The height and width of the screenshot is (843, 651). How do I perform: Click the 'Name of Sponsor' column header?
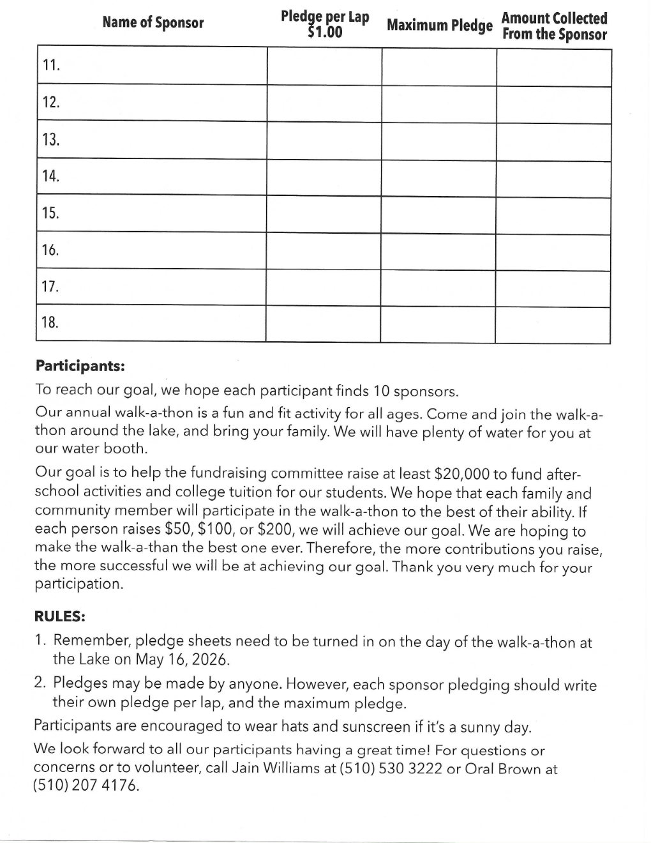click(x=153, y=23)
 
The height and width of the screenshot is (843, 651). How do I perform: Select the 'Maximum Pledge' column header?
click(x=440, y=26)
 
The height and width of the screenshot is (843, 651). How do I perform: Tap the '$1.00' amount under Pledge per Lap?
click(x=325, y=32)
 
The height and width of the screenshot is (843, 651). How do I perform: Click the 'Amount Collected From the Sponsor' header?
click(x=554, y=26)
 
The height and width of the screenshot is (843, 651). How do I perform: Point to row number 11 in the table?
click(x=51, y=65)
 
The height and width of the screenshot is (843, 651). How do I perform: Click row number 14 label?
click(x=50, y=176)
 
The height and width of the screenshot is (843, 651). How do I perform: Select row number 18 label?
click(x=50, y=323)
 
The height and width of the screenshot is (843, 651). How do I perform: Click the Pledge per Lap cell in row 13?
click(x=324, y=140)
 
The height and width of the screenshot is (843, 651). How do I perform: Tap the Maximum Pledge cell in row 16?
click(x=438, y=251)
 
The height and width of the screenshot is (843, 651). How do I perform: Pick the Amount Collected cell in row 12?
click(x=553, y=105)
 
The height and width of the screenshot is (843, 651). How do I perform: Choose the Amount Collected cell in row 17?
click(x=553, y=289)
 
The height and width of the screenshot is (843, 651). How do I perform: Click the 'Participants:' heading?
click(x=80, y=366)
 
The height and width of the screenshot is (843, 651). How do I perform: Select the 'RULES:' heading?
click(x=59, y=617)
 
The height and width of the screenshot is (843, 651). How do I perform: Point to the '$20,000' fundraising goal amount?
click(x=461, y=474)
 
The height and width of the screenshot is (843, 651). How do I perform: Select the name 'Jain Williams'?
click(x=277, y=768)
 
